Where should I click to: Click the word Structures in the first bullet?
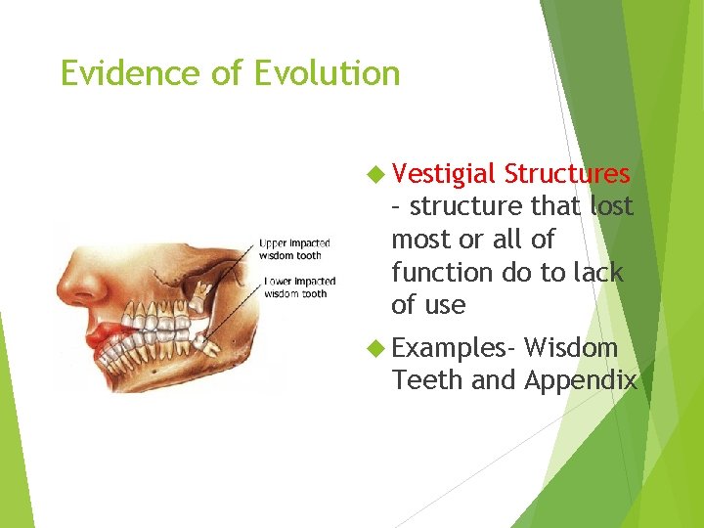tap(567, 174)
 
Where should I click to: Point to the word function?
tap(445, 272)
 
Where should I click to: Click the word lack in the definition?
tap(597, 272)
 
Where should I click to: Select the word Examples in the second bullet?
tap(453, 347)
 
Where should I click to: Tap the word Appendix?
tap(581, 380)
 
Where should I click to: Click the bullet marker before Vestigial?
tap(375, 175)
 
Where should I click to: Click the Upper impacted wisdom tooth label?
tap(294, 248)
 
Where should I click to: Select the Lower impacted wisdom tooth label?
tap(297, 287)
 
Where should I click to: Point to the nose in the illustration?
tap(74, 284)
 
